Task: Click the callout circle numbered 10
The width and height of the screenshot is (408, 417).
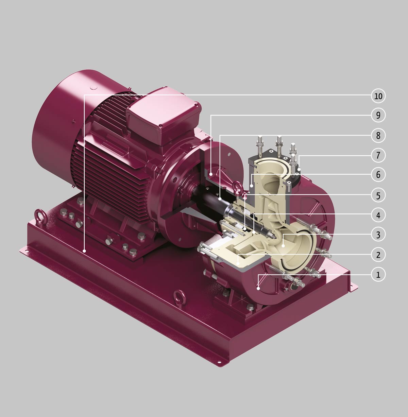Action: tap(378, 96)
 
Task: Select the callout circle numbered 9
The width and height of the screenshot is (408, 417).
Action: tap(378, 115)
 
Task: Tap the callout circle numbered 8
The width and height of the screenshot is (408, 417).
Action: tap(378, 135)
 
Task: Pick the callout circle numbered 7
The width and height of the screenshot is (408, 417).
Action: tap(378, 155)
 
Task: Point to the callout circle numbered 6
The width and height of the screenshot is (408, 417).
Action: tap(378, 175)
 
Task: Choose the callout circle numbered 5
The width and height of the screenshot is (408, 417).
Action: tap(378, 195)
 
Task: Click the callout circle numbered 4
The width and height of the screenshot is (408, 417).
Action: tap(378, 215)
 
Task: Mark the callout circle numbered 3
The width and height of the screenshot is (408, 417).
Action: tap(378, 234)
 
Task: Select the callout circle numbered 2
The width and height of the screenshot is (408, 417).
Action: tap(378, 255)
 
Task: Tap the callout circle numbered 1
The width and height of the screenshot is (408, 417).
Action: tap(378, 274)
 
